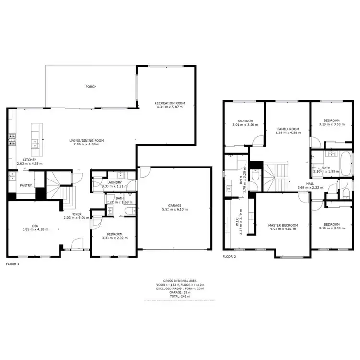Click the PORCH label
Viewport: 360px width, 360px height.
coord(91,87)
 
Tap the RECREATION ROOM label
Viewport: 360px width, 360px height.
coord(170,103)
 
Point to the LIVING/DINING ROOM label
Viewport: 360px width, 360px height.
coord(87,141)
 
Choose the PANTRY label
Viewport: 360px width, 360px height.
coord(25,185)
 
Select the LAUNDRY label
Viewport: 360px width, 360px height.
coord(115,182)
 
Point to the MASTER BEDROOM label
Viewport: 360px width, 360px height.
coord(283,225)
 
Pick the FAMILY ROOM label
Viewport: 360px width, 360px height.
coord(288,129)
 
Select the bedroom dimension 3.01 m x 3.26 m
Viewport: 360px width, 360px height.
coord(244,125)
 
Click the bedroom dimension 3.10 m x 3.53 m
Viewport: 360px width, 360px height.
coord(331,125)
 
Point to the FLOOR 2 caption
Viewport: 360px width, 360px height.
coord(229,257)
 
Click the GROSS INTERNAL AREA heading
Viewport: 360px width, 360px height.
coord(180,281)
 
